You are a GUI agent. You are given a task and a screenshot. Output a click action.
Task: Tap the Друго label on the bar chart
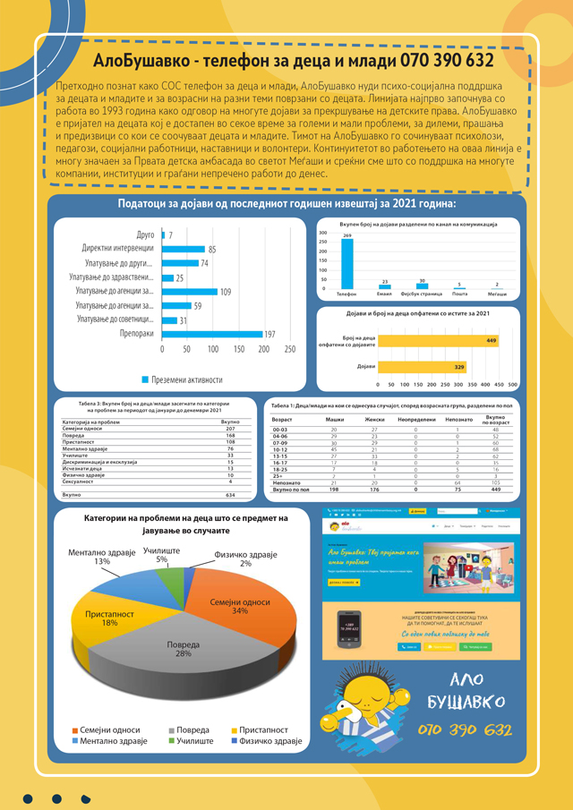(144, 234)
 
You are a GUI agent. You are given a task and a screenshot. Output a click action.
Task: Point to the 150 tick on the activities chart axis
(238, 349)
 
